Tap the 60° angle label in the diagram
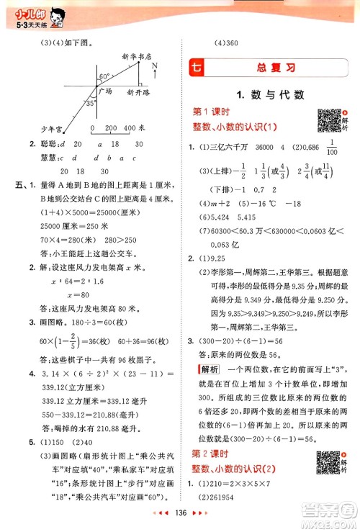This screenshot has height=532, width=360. (x=104, y=76)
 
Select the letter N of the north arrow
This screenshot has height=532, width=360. (x=155, y=66)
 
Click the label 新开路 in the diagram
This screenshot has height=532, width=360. (x=137, y=93)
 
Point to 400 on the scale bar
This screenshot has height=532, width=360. (x=130, y=127)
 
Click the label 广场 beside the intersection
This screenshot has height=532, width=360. (x=105, y=92)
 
